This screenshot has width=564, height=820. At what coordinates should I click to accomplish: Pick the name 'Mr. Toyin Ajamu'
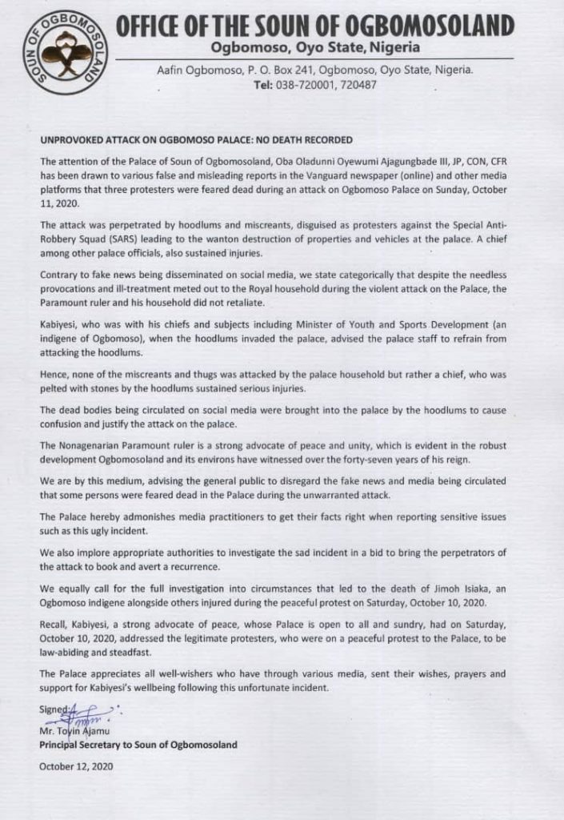[x=76, y=730]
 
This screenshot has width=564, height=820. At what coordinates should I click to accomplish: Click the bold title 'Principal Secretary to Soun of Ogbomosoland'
[x=138, y=745]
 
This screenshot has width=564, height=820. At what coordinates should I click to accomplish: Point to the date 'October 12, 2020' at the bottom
[x=76, y=766]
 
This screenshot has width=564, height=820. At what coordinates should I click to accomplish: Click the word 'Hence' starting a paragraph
[x=54, y=377]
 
